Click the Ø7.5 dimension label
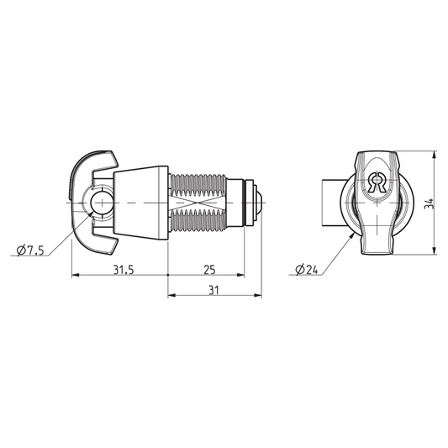[x=30, y=250]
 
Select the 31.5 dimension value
[x=124, y=270]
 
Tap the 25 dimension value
[x=209, y=270]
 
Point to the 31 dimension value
[x=213, y=290]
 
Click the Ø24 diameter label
[x=307, y=270]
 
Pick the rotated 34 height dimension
[x=429, y=203]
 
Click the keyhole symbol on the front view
[x=377, y=182]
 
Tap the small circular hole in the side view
[x=102, y=203]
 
